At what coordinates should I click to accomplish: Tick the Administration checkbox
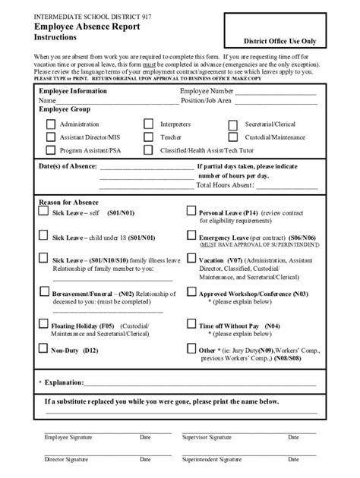[x=52, y=124]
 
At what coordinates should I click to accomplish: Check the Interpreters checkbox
[x=148, y=124]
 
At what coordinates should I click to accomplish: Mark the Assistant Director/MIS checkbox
[x=52, y=137]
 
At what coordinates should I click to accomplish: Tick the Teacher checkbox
[x=148, y=137]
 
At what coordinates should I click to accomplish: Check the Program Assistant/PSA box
[x=52, y=151]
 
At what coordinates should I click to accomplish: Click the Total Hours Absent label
[x=223, y=184]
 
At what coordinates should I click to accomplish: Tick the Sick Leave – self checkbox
[x=44, y=215]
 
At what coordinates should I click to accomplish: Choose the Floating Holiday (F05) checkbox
[x=44, y=325]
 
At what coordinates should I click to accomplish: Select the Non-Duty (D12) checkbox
[x=44, y=350]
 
